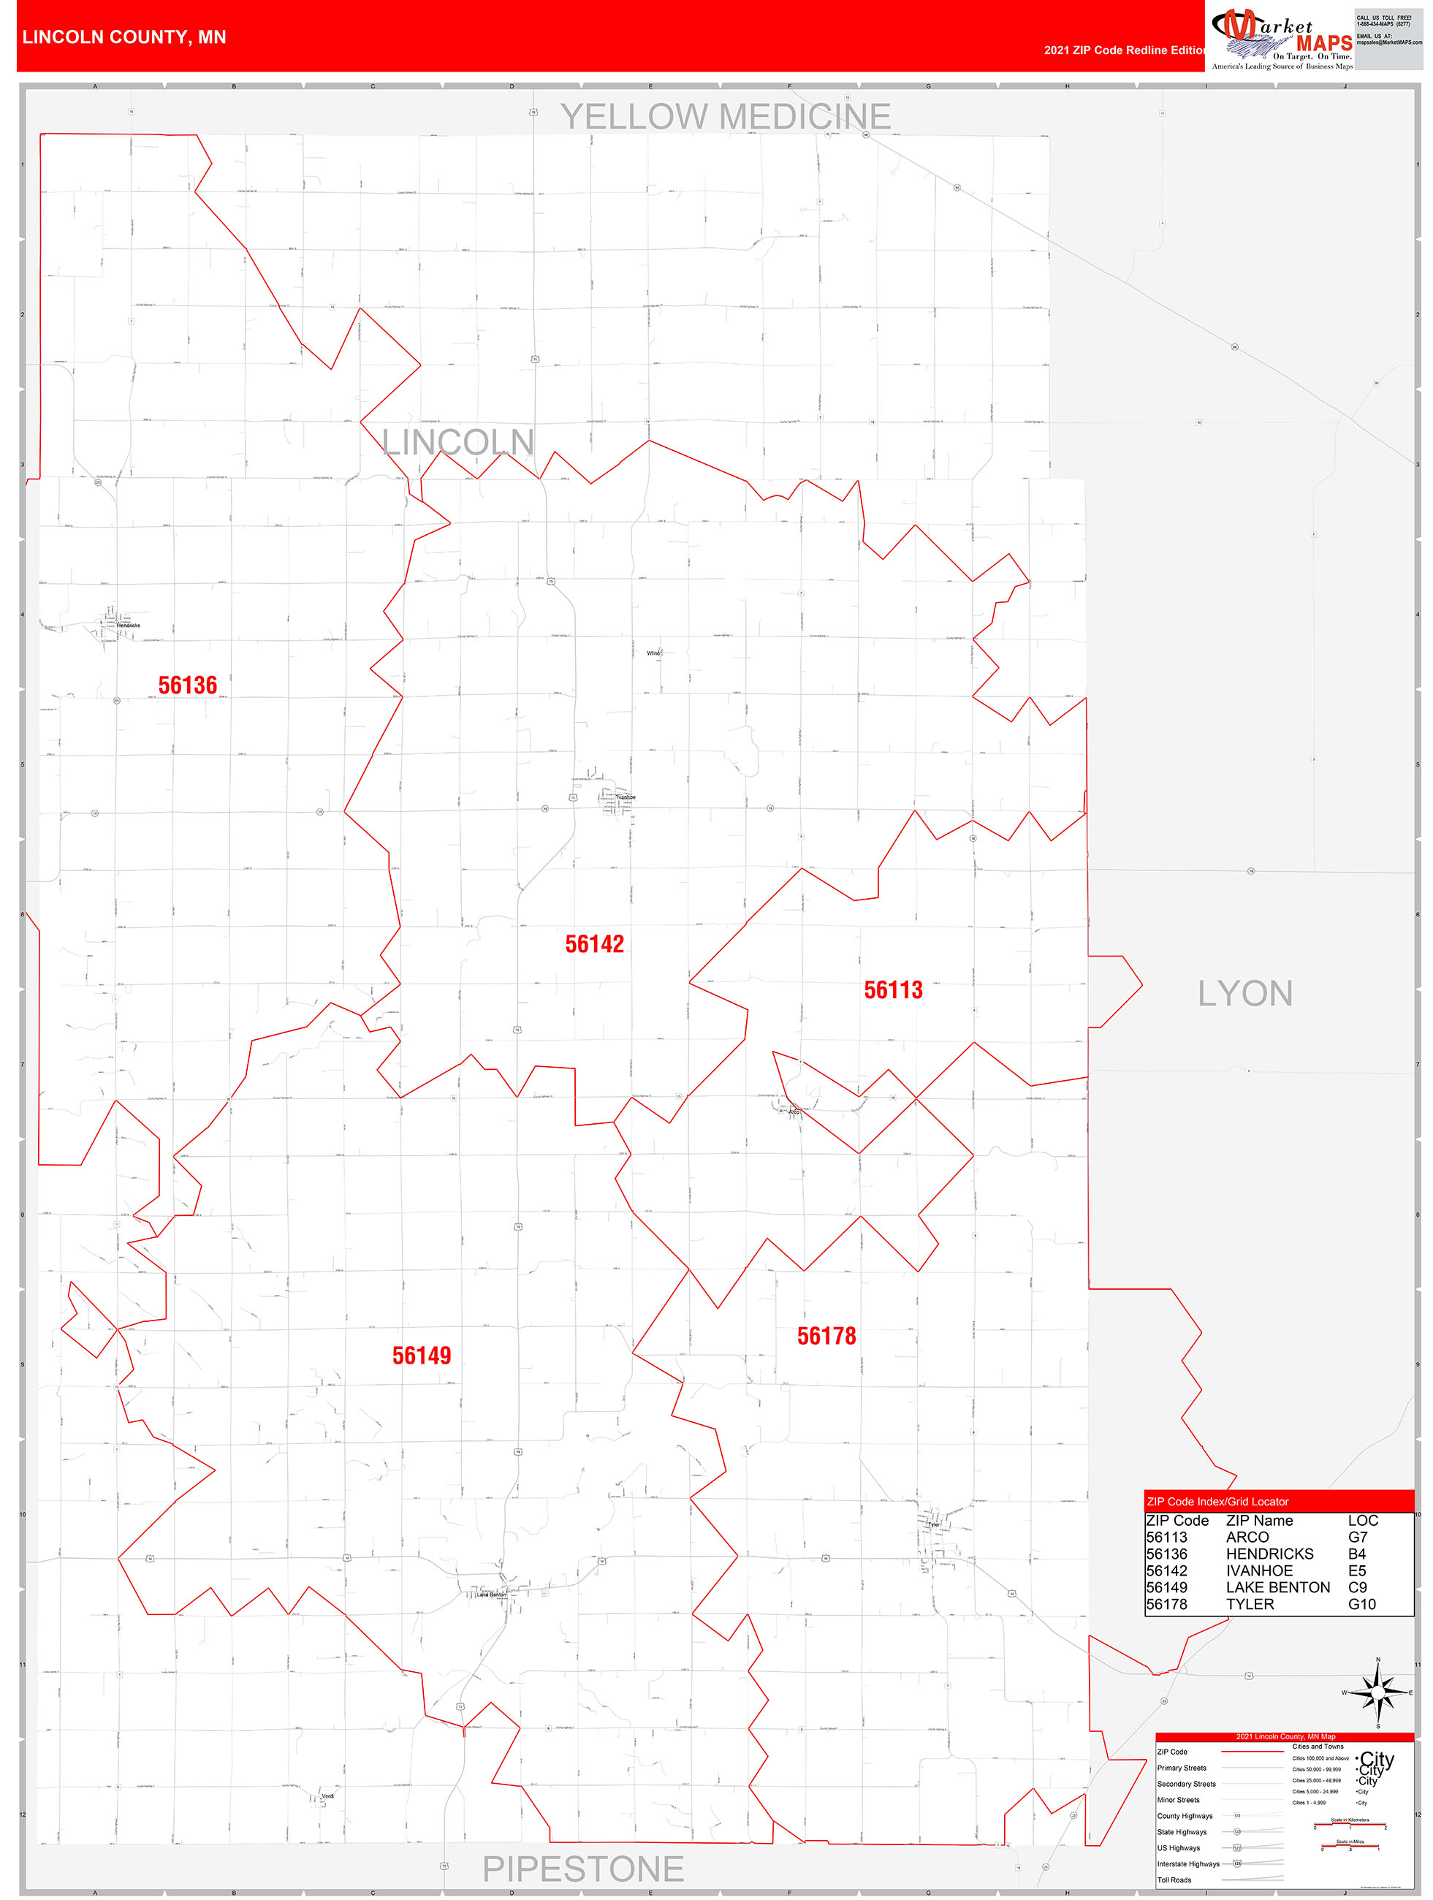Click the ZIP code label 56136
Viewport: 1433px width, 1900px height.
[187, 685]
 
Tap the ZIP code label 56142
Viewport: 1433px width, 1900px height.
[593, 944]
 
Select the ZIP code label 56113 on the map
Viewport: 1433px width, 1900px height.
[893, 990]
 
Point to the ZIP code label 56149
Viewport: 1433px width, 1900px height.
[421, 1356]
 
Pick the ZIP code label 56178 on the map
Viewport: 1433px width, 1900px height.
[826, 1336]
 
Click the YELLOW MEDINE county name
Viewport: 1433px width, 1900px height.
[725, 117]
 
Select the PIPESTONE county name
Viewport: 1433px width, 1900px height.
[582, 1869]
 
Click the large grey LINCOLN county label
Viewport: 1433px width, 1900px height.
[458, 442]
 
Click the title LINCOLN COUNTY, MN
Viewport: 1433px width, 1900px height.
[124, 37]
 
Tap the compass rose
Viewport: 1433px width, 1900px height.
[1377, 1692]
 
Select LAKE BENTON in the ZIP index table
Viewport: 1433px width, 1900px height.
[1277, 1587]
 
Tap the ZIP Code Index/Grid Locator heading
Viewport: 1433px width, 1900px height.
[1217, 1502]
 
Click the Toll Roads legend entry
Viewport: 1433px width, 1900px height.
[1174, 1880]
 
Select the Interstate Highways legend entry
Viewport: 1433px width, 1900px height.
[1187, 1864]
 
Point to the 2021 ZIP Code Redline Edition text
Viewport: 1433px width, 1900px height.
[1124, 50]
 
